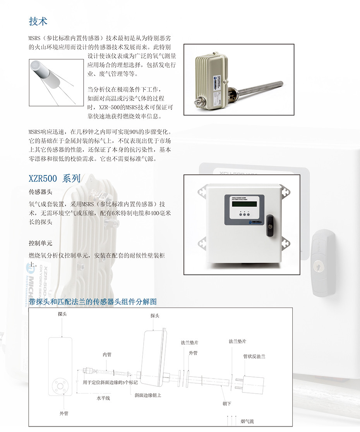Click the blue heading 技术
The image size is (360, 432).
(x=38, y=21)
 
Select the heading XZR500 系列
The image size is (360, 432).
(x=55, y=179)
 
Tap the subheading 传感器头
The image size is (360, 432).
(x=40, y=192)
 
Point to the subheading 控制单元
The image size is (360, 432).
(x=40, y=243)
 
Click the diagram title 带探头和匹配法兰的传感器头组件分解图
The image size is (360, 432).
(x=93, y=302)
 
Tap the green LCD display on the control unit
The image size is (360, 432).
(x=244, y=204)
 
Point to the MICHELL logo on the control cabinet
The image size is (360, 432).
(x=255, y=222)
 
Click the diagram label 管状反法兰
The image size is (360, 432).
(x=254, y=356)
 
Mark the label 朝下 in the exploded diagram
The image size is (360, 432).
(x=227, y=403)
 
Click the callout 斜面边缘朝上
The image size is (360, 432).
(x=148, y=395)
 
